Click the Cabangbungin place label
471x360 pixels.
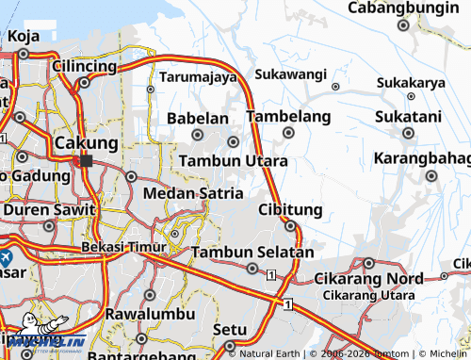click(x=403, y=8)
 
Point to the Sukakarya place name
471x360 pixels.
click(x=411, y=82)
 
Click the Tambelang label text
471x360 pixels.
click(x=288, y=117)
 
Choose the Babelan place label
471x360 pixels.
click(x=198, y=119)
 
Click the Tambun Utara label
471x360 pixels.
click(x=234, y=161)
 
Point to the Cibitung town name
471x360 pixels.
click(x=290, y=209)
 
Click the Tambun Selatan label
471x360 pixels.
click(x=252, y=253)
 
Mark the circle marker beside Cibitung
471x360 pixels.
click(x=291, y=226)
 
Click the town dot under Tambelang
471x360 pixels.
click(x=288, y=133)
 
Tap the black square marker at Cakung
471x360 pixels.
click(x=87, y=160)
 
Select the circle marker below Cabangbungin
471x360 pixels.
click(x=403, y=25)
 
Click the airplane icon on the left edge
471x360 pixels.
click(x=5, y=256)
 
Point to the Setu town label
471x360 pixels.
click(x=230, y=330)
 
